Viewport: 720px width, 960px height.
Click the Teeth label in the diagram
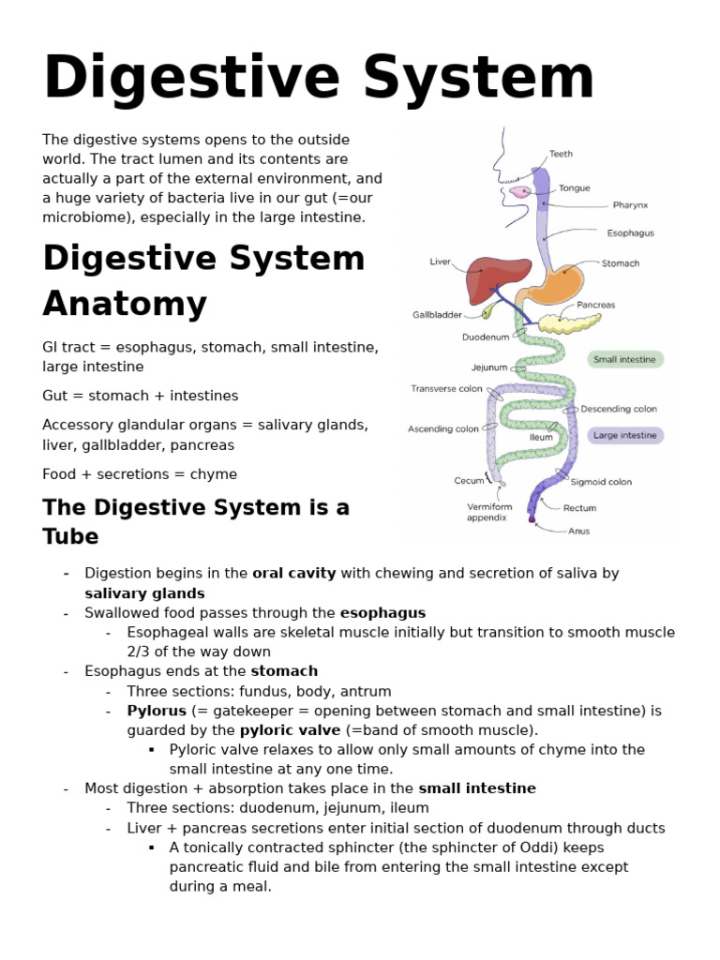tap(561, 154)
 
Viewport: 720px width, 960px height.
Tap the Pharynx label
tap(630, 204)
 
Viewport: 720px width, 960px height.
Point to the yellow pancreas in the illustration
tap(571, 323)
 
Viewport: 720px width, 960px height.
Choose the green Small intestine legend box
tap(625, 359)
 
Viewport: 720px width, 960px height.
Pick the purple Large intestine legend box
tap(625, 435)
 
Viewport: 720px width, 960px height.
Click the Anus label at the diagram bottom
tap(579, 530)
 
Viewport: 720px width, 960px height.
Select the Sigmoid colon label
tap(601, 482)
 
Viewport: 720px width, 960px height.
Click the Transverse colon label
tap(446, 388)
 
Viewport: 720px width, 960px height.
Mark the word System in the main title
tap(479, 78)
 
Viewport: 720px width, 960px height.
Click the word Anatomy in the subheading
tap(125, 304)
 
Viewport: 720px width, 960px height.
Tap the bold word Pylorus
tap(157, 711)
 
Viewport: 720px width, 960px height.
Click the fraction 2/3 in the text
tap(142, 652)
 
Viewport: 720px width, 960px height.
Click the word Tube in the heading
tap(70, 536)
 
